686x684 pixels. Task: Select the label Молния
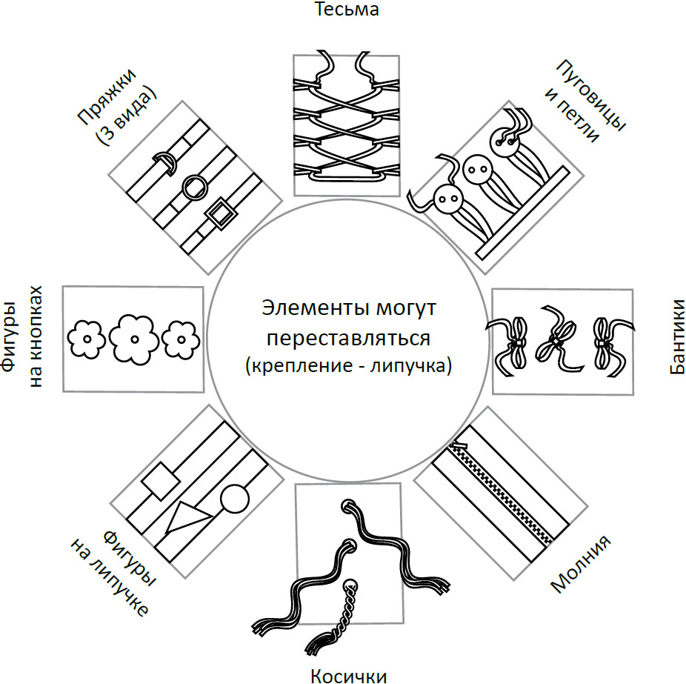click(581, 564)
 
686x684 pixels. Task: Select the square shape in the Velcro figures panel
click(161, 482)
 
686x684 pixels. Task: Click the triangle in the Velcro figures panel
click(184, 518)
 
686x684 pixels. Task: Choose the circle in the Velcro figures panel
click(235, 498)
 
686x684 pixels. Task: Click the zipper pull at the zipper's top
click(456, 445)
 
